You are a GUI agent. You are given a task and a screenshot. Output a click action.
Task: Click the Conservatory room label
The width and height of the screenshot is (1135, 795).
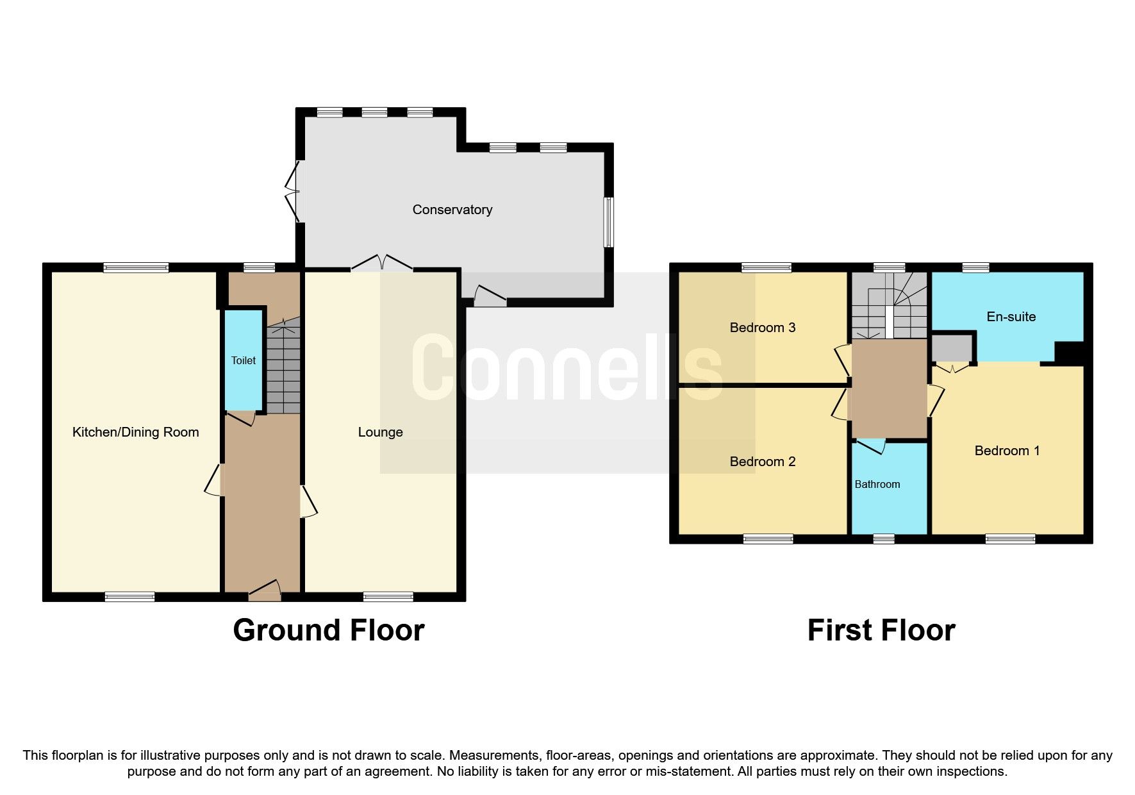click(452, 210)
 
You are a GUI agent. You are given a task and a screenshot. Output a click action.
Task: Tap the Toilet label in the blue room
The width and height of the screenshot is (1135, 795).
click(244, 360)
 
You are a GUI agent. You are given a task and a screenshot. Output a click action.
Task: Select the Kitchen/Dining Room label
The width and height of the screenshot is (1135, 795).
click(135, 432)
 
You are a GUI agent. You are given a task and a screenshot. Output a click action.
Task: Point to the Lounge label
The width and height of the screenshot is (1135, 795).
click(380, 432)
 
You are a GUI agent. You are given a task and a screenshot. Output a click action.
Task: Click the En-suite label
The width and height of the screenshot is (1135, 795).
click(1011, 317)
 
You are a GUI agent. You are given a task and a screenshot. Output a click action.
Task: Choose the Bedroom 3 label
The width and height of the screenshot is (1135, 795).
click(762, 328)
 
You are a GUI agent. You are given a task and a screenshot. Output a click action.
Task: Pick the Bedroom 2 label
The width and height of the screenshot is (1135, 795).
click(762, 462)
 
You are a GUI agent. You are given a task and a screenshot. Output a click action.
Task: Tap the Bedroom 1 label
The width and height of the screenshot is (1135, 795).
click(1006, 451)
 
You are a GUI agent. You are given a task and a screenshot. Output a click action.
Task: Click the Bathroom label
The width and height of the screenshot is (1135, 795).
click(877, 484)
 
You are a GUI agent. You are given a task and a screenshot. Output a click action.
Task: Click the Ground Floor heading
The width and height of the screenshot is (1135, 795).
click(328, 630)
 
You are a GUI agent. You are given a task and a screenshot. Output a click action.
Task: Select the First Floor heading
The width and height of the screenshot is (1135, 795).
click(881, 630)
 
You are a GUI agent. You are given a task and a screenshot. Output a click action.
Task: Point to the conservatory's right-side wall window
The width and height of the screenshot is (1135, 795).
click(609, 222)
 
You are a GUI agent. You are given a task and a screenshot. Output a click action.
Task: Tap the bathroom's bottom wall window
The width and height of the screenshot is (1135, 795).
click(884, 539)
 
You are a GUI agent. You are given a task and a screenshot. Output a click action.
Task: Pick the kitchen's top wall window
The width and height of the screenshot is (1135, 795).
click(136, 267)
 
